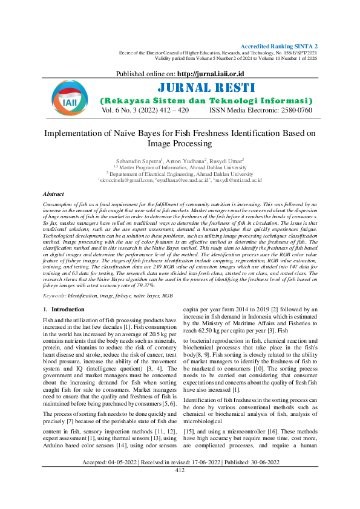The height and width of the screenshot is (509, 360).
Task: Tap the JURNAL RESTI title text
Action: pos(206,88)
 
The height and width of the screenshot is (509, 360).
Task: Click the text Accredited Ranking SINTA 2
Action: pos(279,47)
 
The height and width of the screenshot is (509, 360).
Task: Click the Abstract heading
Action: pos(53,194)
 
